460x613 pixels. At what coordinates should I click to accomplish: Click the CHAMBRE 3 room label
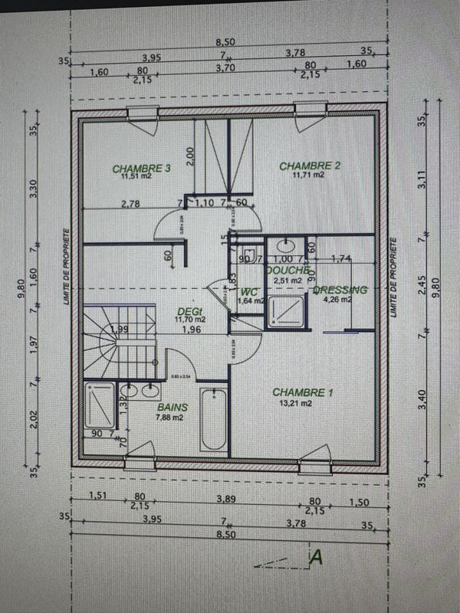(x=140, y=168)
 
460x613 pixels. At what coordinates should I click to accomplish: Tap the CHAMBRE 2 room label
(x=309, y=166)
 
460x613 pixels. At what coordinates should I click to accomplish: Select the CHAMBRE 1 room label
(x=303, y=392)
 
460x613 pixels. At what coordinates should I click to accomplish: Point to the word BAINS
(x=172, y=408)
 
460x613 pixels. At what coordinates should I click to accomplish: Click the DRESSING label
(x=340, y=290)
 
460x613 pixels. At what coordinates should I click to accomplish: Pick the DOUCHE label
(x=287, y=270)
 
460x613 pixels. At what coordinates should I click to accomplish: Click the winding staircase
(x=115, y=341)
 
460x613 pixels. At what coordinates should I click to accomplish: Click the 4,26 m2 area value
(x=338, y=300)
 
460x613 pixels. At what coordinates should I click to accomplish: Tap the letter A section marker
(x=314, y=559)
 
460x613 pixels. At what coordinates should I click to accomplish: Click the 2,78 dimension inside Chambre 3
(x=130, y=203)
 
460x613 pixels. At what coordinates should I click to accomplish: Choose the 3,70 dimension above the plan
(x=226, y=68)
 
